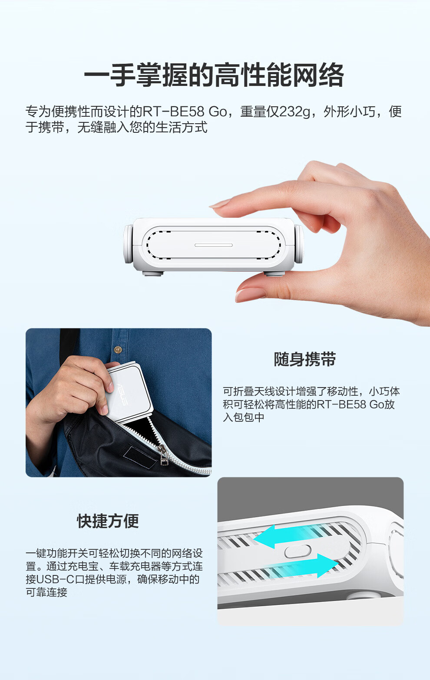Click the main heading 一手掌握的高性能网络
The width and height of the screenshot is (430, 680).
coord(214,75)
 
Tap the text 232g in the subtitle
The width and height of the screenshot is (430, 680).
coord(294,112)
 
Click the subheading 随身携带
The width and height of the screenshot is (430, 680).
coord(305,359)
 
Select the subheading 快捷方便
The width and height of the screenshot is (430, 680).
coord(108,521)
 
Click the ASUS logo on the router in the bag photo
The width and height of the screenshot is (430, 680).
coord(122,394)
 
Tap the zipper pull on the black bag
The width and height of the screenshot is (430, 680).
coord(163,455)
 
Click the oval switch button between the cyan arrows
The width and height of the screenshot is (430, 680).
coord(298,551)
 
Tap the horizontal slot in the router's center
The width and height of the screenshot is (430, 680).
coord(214,245)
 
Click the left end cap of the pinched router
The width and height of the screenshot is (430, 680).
coord(128,244)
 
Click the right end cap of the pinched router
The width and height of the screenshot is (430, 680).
coord(299,244)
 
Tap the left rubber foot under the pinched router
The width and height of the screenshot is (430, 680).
coord(153,273)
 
